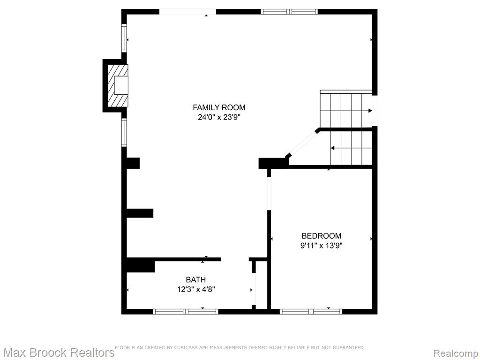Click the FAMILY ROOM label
(219, 107)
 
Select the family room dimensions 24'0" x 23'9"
(219, 117)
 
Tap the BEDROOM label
(322, 236)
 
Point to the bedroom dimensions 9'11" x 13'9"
(321, 246)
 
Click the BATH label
(196, 279)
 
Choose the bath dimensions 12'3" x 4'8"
(196, 289)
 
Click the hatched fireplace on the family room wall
(118, 85)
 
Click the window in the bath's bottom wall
(186, 312)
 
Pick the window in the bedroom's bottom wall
(311, 312)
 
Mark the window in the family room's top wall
(289, 12)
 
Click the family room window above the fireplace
(124, 37)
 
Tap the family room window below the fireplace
(124, 133)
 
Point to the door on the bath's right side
(254, 289)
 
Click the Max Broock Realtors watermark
(58, 352)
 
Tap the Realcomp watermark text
(456, 353)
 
